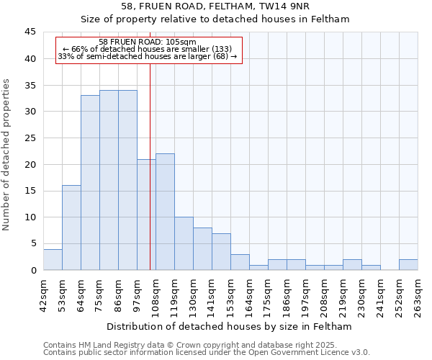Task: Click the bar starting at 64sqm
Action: tap(90, 183)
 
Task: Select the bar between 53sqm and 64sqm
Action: tap(71, 228)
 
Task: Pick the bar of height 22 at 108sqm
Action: tap(165, 212)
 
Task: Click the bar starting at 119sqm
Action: tap(184, 243)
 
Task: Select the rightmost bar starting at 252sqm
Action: tap(408, 264)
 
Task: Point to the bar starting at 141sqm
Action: tap(221, 251)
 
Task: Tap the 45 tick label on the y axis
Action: tap(30, 32)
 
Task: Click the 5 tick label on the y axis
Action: tap(33, 243)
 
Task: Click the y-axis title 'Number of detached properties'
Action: tap(7, 155)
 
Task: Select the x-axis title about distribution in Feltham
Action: tap(229, 327)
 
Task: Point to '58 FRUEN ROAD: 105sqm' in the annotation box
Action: tap(147, 42)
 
